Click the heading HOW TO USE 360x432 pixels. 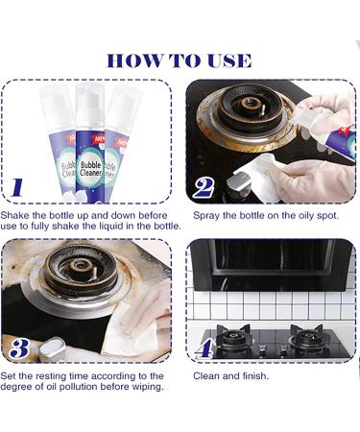tap(179, 60)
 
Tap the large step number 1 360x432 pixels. tap(17, 187)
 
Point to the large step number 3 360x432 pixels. tap(19, 348)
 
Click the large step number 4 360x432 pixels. tap(204, 348)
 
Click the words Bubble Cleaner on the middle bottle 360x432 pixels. tap(90, 169)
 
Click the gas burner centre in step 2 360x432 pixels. tap(250, 104)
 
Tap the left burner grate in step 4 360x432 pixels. tap(232, 336)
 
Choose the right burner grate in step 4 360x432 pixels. tap(305, 336)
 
